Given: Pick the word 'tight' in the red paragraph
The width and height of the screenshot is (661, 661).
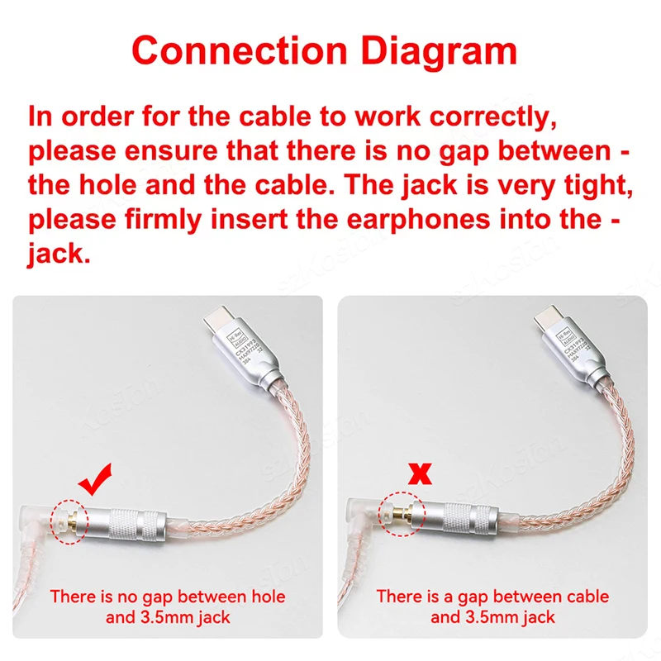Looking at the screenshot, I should (592, 185).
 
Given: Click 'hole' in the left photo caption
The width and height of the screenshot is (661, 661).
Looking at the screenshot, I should (221, 596).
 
